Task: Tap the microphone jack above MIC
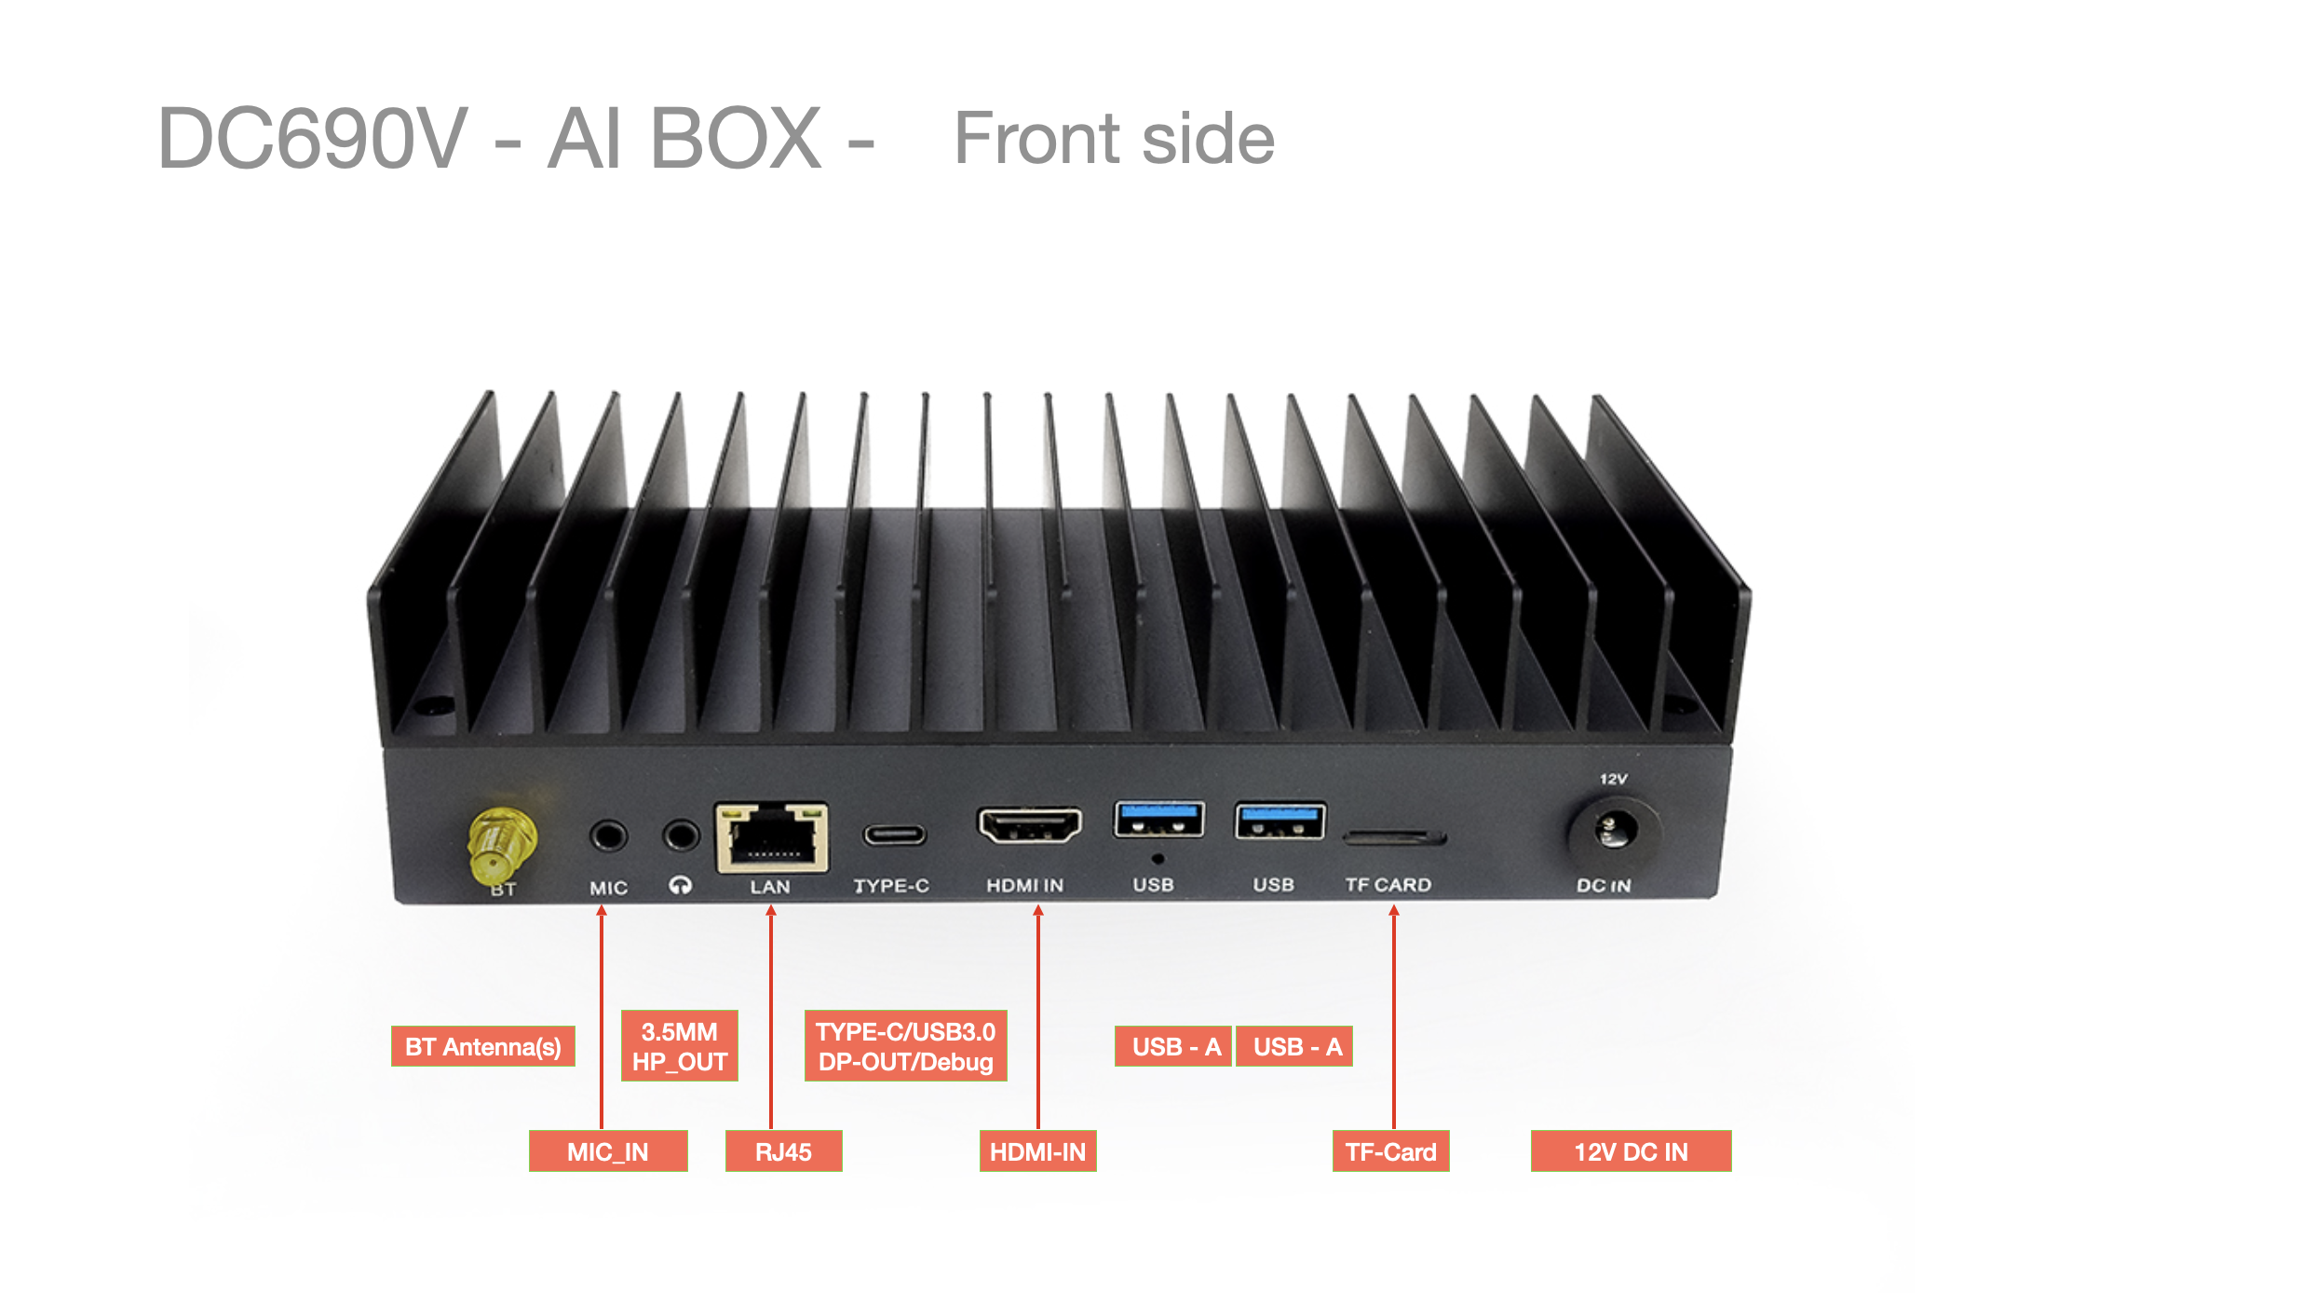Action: click(x=608, y=836)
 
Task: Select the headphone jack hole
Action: click(x=681, y=836)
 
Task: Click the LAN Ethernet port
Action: click(x=771, y=837)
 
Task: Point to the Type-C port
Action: click(x=894, y=835)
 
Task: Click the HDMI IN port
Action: click(x=1029, y=825)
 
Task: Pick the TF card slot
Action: click(x=1394, y=838)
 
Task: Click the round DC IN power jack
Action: click(x=1613, y=831)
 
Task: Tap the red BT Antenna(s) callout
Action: click(x=483, y=1046)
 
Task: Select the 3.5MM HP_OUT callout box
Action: click(x=680, y=1046)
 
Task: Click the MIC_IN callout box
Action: click(x=608, y=1151)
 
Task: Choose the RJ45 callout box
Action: click(x=784, y=1151)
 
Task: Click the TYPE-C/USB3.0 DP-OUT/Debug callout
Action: click(x=906, y=1046)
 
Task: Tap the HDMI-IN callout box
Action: click(x=1038, y=1151)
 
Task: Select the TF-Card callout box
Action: click(x=1391, y=1151)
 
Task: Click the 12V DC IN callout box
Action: click(x=1632, y=1151)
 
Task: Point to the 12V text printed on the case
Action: click(x=1613, y=779)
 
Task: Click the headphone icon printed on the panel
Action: click(x=681, y=885)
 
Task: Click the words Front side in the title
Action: click(x=1115, y=139)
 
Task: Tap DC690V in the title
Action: click(x=313, y=139)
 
